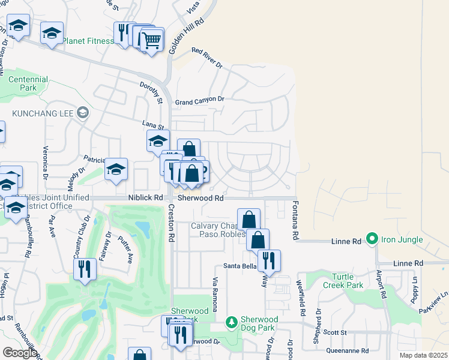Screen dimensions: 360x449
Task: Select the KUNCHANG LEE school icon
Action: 83,112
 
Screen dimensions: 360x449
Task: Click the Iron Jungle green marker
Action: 372,239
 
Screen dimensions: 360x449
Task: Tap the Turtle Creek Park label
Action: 339,281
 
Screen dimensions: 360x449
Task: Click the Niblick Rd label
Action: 145,197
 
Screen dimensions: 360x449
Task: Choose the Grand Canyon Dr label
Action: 199,101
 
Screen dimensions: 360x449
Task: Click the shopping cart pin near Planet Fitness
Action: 152,41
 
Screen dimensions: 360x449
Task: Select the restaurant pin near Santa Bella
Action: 269,260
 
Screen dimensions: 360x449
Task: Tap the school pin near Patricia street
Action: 116,170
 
